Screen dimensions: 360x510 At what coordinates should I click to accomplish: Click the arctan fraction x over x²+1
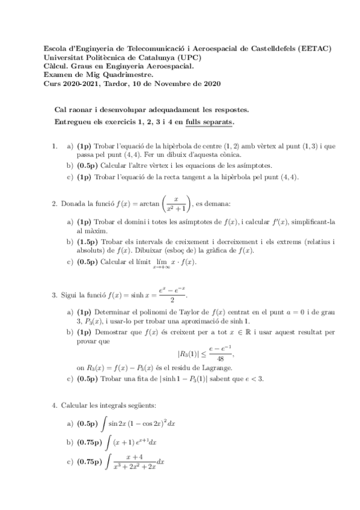pyautogui.click(x=175, y=204)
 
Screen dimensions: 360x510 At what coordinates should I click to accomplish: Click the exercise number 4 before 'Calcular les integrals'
pyautogui.click(x=54, y=405)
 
